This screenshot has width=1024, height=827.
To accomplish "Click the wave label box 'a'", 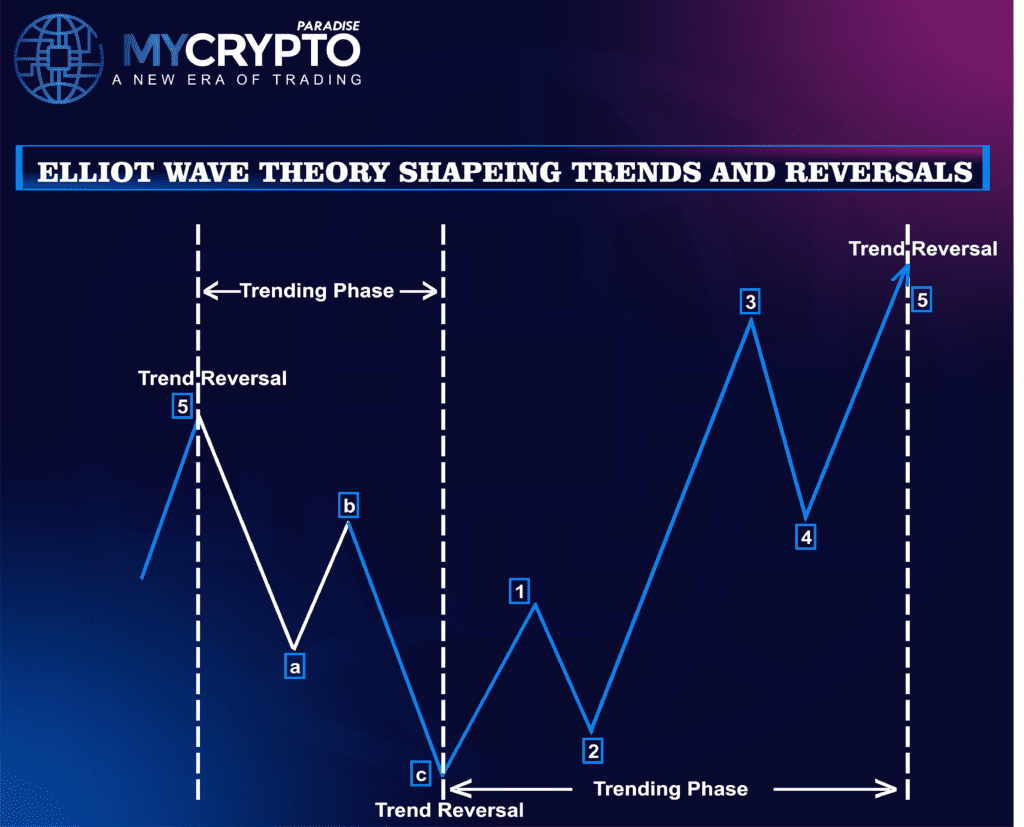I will [294, 666].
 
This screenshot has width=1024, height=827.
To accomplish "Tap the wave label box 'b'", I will [348, 507].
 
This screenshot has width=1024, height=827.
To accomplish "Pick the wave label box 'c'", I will [421, 773].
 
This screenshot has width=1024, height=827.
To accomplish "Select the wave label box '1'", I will [519, 592].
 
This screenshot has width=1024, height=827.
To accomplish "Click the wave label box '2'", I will [594, 750].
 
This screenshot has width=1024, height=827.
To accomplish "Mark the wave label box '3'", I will [750, 301].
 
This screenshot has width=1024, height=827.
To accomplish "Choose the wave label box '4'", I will [806, 537].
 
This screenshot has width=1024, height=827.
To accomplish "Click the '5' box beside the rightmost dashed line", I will [922, 298].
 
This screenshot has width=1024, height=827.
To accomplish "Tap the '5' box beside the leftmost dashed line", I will [182, 407].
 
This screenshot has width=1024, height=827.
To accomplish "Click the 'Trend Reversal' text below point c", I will [449, 809].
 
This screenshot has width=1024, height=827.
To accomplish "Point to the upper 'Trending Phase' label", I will [317, 291].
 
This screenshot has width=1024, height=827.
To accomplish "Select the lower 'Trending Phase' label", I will [670, 789].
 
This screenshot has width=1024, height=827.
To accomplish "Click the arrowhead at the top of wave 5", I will [905, 268].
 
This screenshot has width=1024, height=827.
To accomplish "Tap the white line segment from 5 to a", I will [245, 530].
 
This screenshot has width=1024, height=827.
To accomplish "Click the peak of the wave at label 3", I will [750, 321].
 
